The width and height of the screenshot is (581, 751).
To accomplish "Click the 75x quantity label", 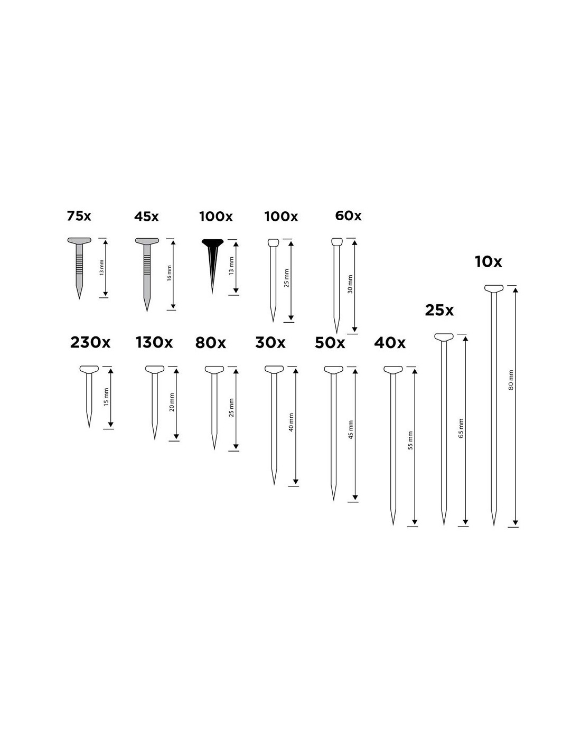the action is pos(79,216).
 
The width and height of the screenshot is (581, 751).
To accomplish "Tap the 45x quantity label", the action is pos(146,217).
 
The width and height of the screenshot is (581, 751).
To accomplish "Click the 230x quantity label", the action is pos(90,343).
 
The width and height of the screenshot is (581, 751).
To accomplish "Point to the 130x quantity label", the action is pos(154,343).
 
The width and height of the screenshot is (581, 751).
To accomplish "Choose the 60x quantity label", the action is pos(348,215).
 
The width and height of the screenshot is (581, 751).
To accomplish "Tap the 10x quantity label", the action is pos(489,262).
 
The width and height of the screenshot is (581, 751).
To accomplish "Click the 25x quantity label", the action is pos(439,311).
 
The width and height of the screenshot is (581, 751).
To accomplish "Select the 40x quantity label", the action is pos(390,343).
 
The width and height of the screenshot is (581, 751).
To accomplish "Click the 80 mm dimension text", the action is pos(511,380).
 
